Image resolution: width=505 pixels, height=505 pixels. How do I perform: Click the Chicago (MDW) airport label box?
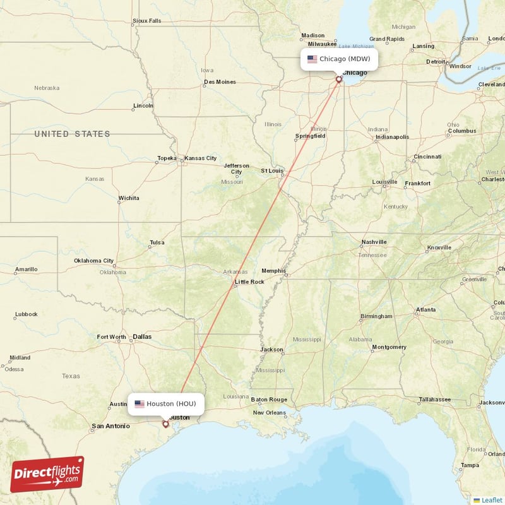tap(339, 59)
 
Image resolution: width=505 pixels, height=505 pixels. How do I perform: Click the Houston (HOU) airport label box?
tap(166, 404)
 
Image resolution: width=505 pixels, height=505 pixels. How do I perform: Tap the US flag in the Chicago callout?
tap(312, 59)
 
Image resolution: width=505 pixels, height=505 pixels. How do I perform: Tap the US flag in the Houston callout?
tap(140, 404)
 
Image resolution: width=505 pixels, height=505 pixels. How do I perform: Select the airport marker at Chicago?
tap(339, 80)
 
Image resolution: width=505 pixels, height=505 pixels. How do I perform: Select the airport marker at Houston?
tap(166, 424)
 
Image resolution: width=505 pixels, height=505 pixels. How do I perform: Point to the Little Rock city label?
tap(249, 282)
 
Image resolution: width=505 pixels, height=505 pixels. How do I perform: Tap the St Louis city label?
tap(273, 170)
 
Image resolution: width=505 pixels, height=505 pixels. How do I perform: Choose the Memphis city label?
tap(273, 271)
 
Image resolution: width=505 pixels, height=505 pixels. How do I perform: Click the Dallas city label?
tap(142, 337)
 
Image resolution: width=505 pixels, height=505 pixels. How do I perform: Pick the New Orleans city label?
tap(270, 413)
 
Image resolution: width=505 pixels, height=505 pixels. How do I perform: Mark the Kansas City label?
tap(200, 158)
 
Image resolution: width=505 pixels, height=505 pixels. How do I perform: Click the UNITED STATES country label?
tap(72, 134)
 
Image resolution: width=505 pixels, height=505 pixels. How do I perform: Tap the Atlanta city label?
tap(425, 310)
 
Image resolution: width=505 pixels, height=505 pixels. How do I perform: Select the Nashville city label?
tap(374, 242)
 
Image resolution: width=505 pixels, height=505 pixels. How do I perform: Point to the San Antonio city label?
tap(110, 427)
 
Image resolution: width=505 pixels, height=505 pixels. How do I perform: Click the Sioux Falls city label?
tap(146, 21)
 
